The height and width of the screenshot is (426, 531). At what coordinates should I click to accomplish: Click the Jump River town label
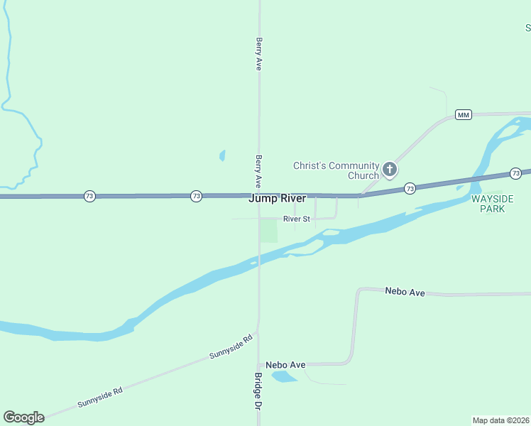pos(277,199)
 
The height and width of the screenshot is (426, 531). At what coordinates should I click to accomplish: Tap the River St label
pos(297,219)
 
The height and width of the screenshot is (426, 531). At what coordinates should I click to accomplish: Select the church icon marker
pos(389,169)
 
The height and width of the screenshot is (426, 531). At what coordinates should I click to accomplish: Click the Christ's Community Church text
pos(336,170)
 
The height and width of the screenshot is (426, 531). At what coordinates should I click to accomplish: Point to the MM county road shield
pos(464,115)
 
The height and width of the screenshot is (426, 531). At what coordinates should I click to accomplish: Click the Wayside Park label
pos(488,204)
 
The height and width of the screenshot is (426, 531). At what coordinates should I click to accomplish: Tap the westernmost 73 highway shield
pos(89,196)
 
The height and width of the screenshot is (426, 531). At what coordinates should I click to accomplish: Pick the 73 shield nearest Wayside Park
pos(516,173)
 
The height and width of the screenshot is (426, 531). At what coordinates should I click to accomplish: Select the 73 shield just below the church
pos(410,188)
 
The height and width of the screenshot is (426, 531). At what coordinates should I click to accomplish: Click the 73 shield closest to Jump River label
pos(197,196)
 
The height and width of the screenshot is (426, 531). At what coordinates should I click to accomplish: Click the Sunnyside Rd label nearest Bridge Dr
pos(231,347)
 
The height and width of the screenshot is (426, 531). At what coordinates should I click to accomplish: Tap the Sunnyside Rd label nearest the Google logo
pos(100,398)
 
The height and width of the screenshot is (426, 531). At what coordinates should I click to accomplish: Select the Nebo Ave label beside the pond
pos(286,365)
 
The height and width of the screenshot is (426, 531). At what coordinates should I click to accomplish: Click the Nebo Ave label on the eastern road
pos(405,292)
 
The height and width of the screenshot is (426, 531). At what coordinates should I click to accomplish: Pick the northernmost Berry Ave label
pos(260,53)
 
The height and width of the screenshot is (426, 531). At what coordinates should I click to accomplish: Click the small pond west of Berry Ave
pos(222,155)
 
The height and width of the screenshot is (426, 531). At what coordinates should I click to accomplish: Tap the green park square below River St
pos(268,231)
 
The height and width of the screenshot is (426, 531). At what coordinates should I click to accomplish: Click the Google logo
pos(23,417)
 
